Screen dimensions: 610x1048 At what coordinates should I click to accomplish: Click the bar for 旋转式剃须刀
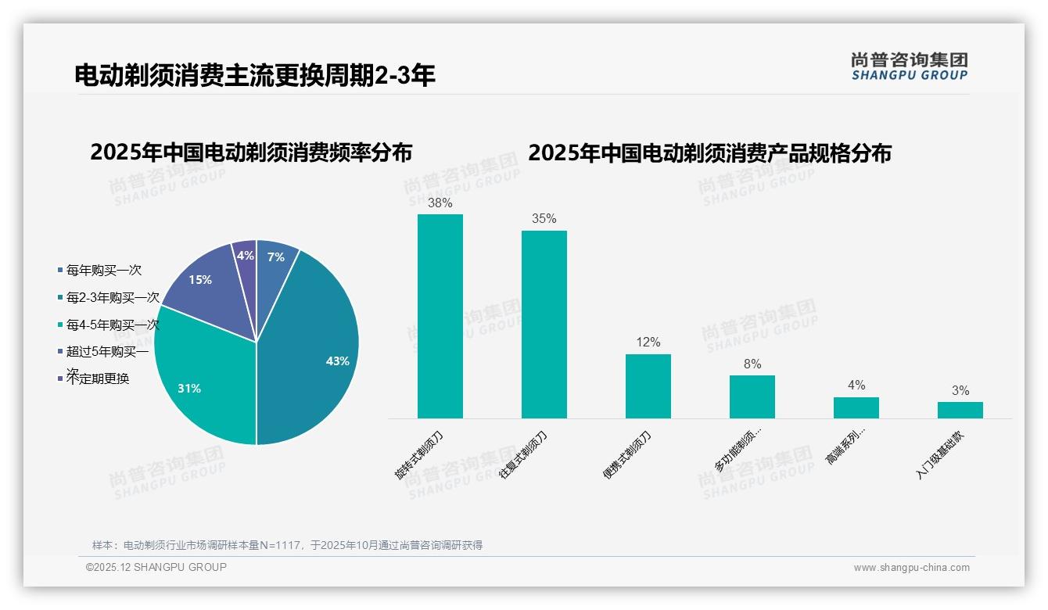click(440, 317)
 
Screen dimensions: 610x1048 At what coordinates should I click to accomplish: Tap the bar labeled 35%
click(544, 325)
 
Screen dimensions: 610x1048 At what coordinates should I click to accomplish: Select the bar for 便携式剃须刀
click(648, 386)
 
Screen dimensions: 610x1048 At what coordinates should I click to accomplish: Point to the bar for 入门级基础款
click(960, 410)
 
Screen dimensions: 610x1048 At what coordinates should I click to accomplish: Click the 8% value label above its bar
click(752, 364)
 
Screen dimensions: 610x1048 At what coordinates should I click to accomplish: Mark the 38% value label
click(440, 203)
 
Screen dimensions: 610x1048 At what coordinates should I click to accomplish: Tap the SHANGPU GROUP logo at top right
click(909, 66)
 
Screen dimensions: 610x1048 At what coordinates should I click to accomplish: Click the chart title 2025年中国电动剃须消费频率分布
click(251, 152)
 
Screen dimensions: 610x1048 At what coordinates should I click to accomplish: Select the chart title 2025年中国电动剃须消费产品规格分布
click(709, 153)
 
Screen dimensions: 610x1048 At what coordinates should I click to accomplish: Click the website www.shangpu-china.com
click(911, 568)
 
